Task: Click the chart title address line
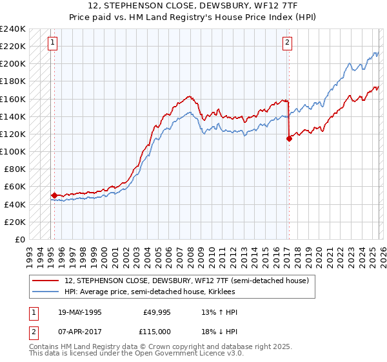pyautogui.click(x=193, y=6)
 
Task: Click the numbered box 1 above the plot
pyautogui.click(x=52, y=43)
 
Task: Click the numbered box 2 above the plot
pyautogui.click(x=287, y=43)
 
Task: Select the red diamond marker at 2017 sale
pyautogui.click(x=289, y=138)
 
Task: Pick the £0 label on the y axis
pyautogui.click(x=19, y=239)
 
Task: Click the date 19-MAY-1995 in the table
pyautogui.click(x=79, y=312)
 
